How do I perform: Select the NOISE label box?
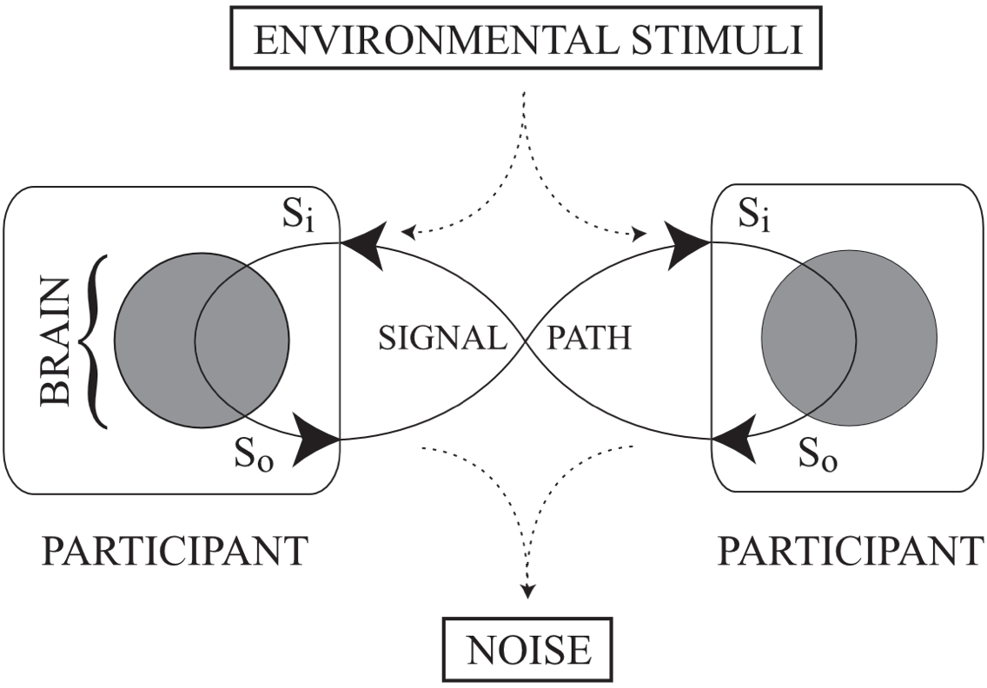pos(528,648)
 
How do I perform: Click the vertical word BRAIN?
pos(57,341)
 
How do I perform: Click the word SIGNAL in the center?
pos(442,336)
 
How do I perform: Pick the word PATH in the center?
pos(587,336)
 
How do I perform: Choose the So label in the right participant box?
pos(818,454)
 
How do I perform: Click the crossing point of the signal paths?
pos(526,341)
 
